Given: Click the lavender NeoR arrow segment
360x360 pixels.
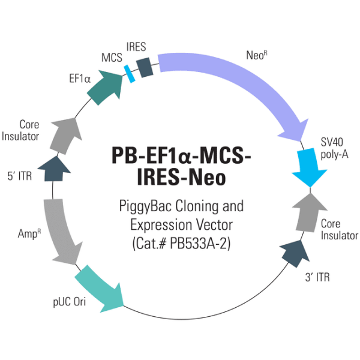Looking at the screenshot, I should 240,84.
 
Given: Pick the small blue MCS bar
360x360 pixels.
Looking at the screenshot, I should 128,73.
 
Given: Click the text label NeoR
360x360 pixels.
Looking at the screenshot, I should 255,56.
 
